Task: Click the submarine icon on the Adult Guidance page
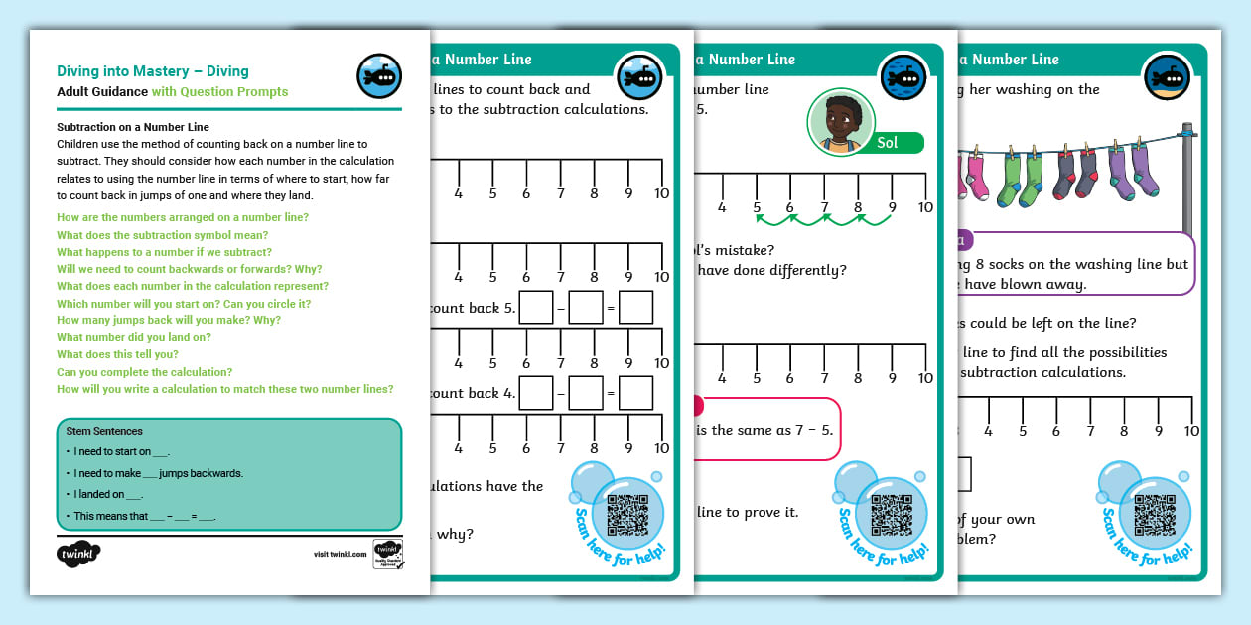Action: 378,76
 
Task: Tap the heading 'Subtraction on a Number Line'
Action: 132,127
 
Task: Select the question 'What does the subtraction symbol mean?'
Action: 162,235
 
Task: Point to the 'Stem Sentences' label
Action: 104,431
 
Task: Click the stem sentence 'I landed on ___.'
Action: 109,494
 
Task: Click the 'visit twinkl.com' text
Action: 340,555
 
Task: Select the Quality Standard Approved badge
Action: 387,554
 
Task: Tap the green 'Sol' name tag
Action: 887,143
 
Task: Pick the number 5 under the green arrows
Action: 757,207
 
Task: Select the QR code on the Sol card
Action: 891,514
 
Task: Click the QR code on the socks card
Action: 1155,514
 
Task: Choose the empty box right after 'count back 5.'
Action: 536,308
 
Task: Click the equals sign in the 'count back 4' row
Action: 612,394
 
